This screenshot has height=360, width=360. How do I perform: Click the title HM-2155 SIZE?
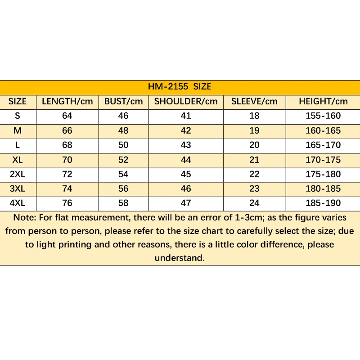180,87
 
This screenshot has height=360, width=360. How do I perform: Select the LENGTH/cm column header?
67,101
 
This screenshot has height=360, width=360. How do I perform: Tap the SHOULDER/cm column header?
186,101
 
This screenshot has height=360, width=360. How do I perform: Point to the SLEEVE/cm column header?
254,101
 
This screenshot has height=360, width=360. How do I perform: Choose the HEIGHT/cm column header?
323,101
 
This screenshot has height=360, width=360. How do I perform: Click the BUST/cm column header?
123,101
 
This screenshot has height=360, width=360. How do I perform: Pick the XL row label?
18,160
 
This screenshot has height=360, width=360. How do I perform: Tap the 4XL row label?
18,203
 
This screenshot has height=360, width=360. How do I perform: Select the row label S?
18,116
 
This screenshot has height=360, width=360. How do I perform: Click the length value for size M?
67,130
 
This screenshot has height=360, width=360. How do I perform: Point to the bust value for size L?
123,145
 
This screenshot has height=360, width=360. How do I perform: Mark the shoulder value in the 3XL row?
186,189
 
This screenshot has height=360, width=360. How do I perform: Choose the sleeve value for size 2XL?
254,174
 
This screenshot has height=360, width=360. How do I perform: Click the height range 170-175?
323,160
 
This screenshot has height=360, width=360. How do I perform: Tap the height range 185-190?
323,203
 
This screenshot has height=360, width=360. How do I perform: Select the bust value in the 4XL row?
123,203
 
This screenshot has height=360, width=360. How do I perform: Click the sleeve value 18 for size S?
254,116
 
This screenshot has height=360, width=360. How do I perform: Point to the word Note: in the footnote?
26,218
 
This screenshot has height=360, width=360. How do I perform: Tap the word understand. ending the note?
180,258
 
